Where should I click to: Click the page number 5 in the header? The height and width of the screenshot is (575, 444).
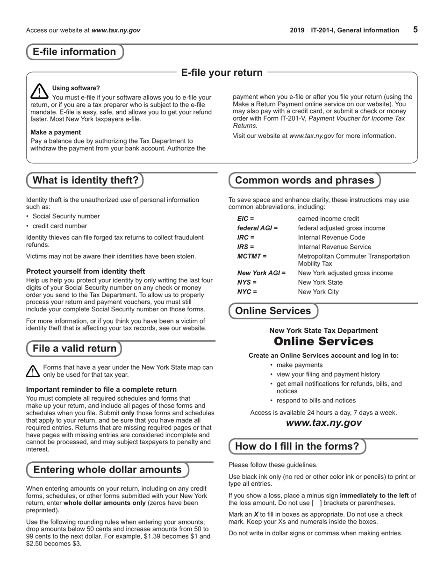coord(415,29)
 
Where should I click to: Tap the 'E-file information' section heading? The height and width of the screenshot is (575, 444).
coord(74,52)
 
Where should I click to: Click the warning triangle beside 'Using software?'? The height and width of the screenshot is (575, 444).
coord(40,91)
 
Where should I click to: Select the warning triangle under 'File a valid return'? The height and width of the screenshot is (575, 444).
coord(33,371)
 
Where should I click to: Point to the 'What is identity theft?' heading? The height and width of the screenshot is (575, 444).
coord(85,180)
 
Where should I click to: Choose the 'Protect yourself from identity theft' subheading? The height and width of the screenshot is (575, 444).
coord(86,271)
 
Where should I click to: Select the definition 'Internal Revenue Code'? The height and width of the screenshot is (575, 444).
coord(331,237)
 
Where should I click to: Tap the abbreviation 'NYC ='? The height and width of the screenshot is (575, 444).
coord(247,292)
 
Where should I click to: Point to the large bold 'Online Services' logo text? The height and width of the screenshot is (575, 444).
coord(323,342)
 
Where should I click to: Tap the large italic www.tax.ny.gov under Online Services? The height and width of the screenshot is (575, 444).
coord(323,423)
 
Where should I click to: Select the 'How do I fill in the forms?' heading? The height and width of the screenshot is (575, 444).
coord(297,446)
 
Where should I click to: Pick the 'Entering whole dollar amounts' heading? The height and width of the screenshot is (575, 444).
coord(107,470)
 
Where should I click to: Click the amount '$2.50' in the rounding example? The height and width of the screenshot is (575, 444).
coord(35,544)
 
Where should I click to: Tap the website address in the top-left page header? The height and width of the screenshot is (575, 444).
coord(115,30)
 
